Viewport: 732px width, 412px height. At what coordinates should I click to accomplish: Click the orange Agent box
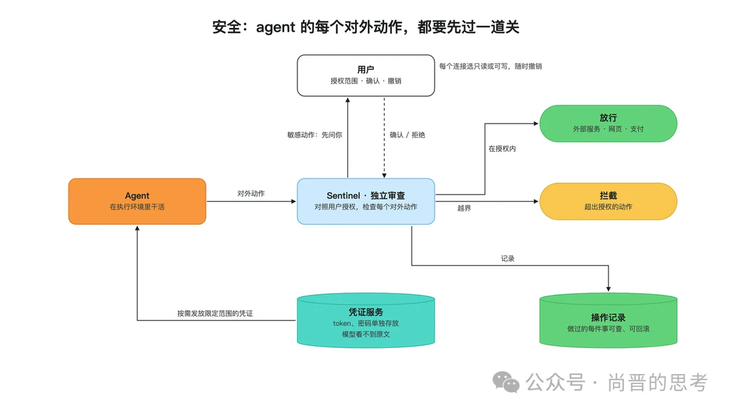tap(137, 201)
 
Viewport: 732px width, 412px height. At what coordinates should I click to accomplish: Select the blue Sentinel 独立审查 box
tap(365, 201)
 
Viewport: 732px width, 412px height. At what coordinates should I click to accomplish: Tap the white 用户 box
tap(365, 76)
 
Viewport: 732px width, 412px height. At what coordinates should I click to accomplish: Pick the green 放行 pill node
tap(608, 123)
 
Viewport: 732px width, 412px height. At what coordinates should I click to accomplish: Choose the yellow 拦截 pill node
tap(608, 201)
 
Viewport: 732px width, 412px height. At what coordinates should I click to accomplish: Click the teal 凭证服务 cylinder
tap(365, 320)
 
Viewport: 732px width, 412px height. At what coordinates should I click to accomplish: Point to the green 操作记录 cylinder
tap(608, 320)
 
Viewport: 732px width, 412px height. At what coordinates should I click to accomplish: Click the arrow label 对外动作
tap(251, 193)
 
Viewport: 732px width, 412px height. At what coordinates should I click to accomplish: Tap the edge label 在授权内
tap(502, 149)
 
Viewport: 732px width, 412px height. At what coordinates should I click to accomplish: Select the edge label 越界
tap(464, 208)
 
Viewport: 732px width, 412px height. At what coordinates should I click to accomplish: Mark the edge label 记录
tap(508, 259)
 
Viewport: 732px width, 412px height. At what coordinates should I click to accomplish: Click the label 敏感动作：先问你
tap(314, 135)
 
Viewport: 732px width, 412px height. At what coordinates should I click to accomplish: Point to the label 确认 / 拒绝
tap(407, 135)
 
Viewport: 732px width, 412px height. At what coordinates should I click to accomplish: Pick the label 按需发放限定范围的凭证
tap(215, 314)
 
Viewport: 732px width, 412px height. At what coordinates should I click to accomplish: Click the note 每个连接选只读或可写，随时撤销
tap(490, 67)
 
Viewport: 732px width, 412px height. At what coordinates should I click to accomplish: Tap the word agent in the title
tap(276, 27)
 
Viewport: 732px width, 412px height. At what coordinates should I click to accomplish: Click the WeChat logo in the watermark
tap(506, 382)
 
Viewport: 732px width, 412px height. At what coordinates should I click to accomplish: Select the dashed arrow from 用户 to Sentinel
tap(384, 138)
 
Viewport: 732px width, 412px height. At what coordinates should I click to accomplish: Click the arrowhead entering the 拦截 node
tap(536, 201)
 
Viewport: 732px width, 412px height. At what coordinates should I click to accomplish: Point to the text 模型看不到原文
tap(365, 334)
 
